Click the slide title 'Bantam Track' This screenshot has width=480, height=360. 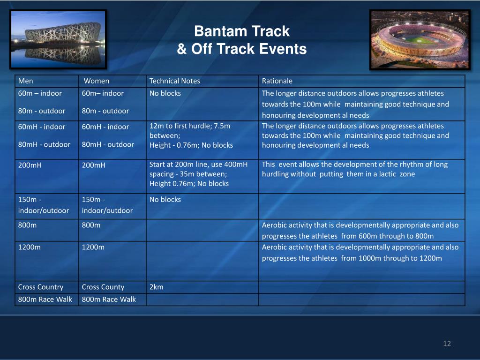point(241,31)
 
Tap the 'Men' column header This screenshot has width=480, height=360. point(25,81)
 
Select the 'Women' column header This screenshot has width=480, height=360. point(97,81)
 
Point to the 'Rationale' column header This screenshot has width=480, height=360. point(277,81)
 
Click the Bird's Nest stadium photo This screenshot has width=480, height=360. point(58,39)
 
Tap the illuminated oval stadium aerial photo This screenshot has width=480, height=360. point(420,39)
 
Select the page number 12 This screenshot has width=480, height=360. point(447,344)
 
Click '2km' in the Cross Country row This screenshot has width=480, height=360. point(156,287)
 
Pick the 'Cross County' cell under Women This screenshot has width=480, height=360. point(103,287)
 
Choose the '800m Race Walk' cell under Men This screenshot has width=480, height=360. point(45,299)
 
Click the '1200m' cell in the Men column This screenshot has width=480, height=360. point(30,247)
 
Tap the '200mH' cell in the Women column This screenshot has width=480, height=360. point(93,165)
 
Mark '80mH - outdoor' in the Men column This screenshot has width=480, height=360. point(44,144)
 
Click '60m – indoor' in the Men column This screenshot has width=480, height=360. point(40,93)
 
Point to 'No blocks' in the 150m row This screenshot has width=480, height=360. point(165,199)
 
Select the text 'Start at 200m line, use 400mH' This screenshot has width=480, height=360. point(198,165)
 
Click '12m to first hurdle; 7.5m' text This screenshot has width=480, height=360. point(190,126)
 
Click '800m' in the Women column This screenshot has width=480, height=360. point(91,225)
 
